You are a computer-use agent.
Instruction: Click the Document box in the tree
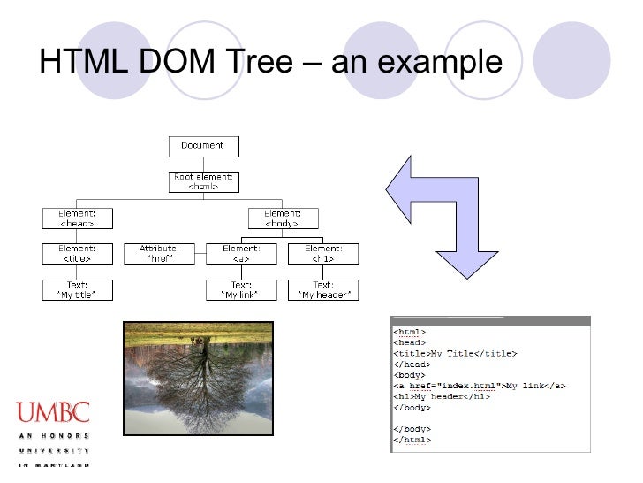point(202,146)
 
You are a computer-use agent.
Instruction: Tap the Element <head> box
point(78,218)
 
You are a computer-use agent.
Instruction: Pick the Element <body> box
point(283,218)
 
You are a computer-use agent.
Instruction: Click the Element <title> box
point(78,254)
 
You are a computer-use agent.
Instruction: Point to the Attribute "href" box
point(159,254)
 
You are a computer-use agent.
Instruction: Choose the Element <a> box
point(241,254)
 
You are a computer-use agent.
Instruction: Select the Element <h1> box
point(323,254)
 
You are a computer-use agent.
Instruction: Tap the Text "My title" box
point(78,290)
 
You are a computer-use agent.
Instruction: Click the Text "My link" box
point(241,290)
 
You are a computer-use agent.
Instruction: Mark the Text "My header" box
point(323,290)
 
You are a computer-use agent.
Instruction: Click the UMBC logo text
point(52,412)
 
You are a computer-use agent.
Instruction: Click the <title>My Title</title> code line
point(455,354)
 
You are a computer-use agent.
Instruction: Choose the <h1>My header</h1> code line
point(442,396)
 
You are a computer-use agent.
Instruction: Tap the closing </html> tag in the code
point(412,440)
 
